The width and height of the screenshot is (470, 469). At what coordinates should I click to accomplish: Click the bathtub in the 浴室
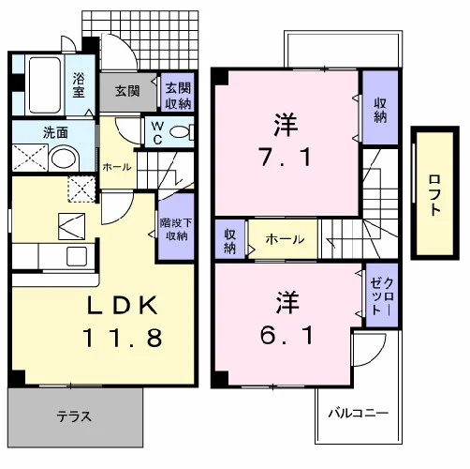[x=45, y=84]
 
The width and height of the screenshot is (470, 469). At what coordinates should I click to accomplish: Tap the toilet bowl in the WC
[x=181, y=132]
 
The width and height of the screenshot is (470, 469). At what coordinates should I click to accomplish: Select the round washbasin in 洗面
[x=64, y=159]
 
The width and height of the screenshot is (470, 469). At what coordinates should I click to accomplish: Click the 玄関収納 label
[x=178, y=96]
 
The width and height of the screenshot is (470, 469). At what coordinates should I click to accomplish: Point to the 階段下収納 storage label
[x=176, y=229]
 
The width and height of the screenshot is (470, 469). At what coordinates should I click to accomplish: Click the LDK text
[x=122, y=305]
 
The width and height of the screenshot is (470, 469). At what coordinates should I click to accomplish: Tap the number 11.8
[x=123, y=338]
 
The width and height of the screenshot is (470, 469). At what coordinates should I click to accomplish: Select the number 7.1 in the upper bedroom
[x=286, y=157]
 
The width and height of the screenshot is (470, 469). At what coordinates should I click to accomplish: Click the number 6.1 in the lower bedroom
[x=286, y=335]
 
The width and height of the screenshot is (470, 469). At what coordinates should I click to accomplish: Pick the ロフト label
[x=434, y=195]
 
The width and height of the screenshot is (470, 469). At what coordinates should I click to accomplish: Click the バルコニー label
[x=359, y=414]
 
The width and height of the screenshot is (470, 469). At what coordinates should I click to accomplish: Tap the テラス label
[x=74, y=416]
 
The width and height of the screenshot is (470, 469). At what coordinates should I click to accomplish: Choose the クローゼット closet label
[x=382, y=295]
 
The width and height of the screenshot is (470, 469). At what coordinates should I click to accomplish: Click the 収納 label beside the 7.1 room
[x=380, y=110]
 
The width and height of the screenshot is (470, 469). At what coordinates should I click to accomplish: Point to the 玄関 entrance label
[x=127, y=91]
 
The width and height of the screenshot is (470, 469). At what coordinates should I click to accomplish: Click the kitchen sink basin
[x=77, y=257]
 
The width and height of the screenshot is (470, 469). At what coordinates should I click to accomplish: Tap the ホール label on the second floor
[x=285, y=239]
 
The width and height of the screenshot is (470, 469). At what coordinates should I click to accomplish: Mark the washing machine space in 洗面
[x=30, y=158]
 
